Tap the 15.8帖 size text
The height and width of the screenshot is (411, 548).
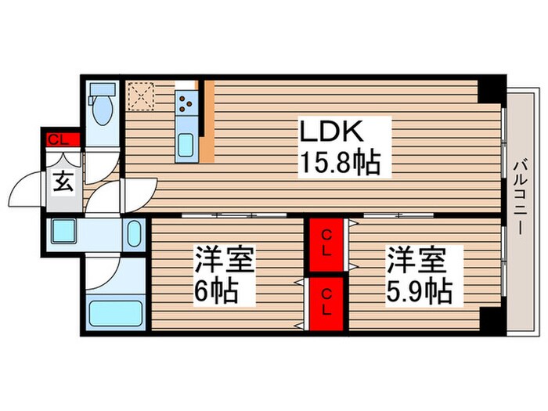[x=338, y=164]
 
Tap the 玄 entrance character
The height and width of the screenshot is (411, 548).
[x=63, y=184]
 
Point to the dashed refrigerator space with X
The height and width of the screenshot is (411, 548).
[x=142, y=97]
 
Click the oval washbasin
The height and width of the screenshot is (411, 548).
[x=133, y=233]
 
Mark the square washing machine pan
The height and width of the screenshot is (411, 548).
[x=62, y=233]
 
